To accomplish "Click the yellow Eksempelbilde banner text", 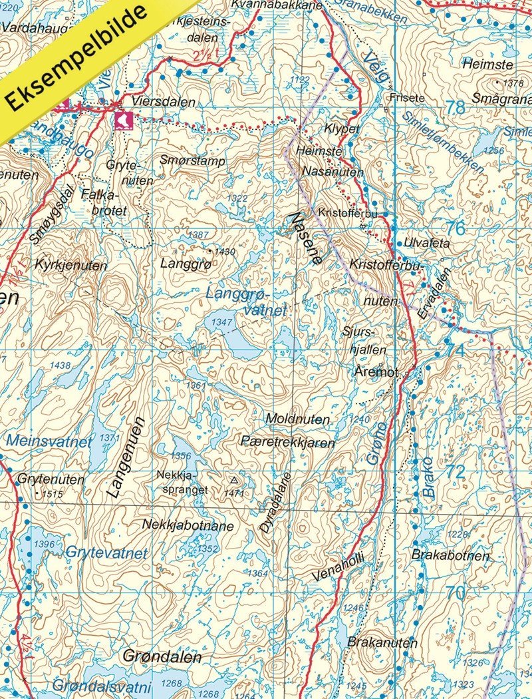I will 76,58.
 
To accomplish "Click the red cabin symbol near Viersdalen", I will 123,119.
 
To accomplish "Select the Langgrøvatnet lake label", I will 246,302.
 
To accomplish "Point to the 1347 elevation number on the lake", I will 221,322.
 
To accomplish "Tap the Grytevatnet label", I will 106,553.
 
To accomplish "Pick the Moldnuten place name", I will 297,419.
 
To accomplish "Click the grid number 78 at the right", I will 456,107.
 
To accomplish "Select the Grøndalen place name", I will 162,657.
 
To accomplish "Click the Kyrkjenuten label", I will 72,264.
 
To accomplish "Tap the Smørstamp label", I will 193,160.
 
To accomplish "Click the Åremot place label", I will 376,373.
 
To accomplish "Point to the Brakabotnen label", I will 450,555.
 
